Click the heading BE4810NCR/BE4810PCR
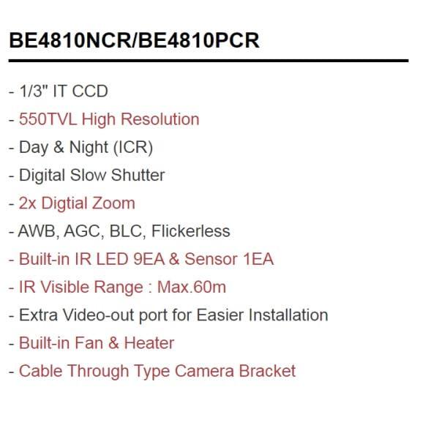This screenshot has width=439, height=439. [134, 41]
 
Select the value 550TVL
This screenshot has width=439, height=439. [48, 119]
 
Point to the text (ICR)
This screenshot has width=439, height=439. [132, 147]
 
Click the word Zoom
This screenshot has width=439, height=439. [114, 203]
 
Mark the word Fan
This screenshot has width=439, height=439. [91, 343]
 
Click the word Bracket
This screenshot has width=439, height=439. [269, 371]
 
